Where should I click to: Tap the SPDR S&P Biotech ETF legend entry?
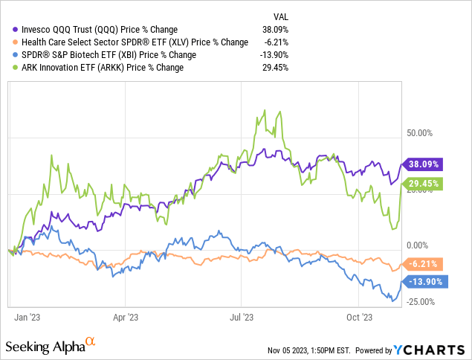point(111,55)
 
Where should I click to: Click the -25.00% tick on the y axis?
point(421,301)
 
